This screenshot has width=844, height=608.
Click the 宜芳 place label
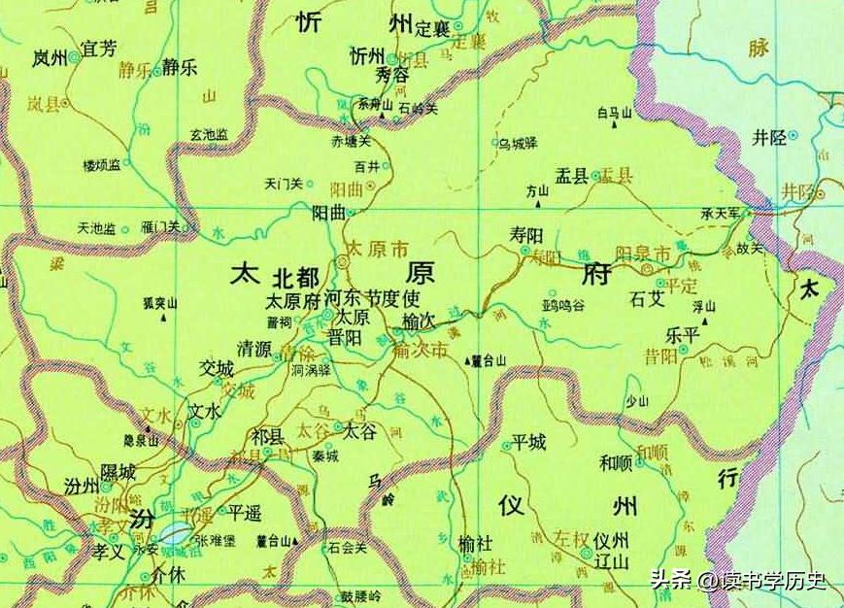(101, 47)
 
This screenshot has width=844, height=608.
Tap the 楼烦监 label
(102, 164)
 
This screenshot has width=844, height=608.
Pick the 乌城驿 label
(518, 143)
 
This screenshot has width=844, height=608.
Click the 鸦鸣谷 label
(563, 305)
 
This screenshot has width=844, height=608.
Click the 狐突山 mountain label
(160, 304)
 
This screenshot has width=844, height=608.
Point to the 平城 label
(529, 442)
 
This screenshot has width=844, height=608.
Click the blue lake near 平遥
(174, 532)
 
